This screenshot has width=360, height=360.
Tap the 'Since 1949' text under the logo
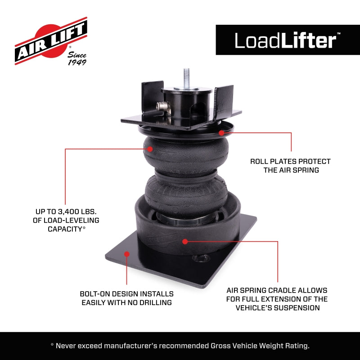coord(77,58)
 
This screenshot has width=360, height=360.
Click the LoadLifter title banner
coord(288,40)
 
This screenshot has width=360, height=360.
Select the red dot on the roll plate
coord(221,132)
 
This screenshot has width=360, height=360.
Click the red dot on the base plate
coord(127,254)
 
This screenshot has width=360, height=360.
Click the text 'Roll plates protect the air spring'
coord(290,165)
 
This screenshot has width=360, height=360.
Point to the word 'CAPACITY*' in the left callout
coord(67,229)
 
